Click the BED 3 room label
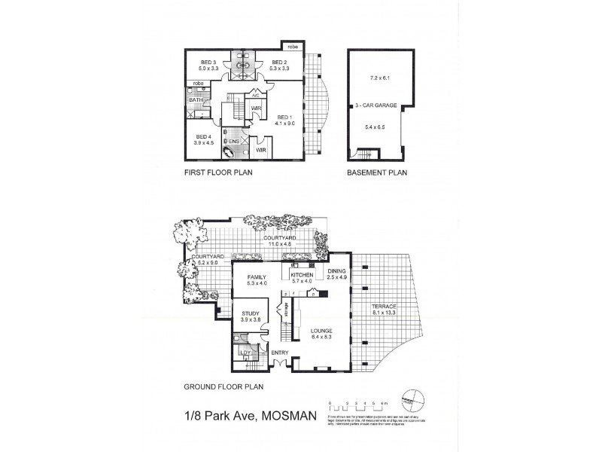[208, 63]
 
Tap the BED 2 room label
[278, 63]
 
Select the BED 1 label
[283, 118]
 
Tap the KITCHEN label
[301, 276]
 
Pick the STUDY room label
[251, 314]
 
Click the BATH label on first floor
[196, 100]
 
